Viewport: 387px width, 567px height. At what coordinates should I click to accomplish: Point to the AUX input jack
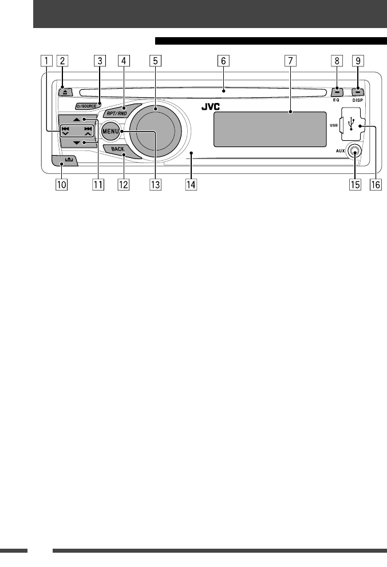pyautogui.click(x=356, y=153)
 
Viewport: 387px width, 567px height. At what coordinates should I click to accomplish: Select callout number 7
pyautogui.click(x=290, y=60)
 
